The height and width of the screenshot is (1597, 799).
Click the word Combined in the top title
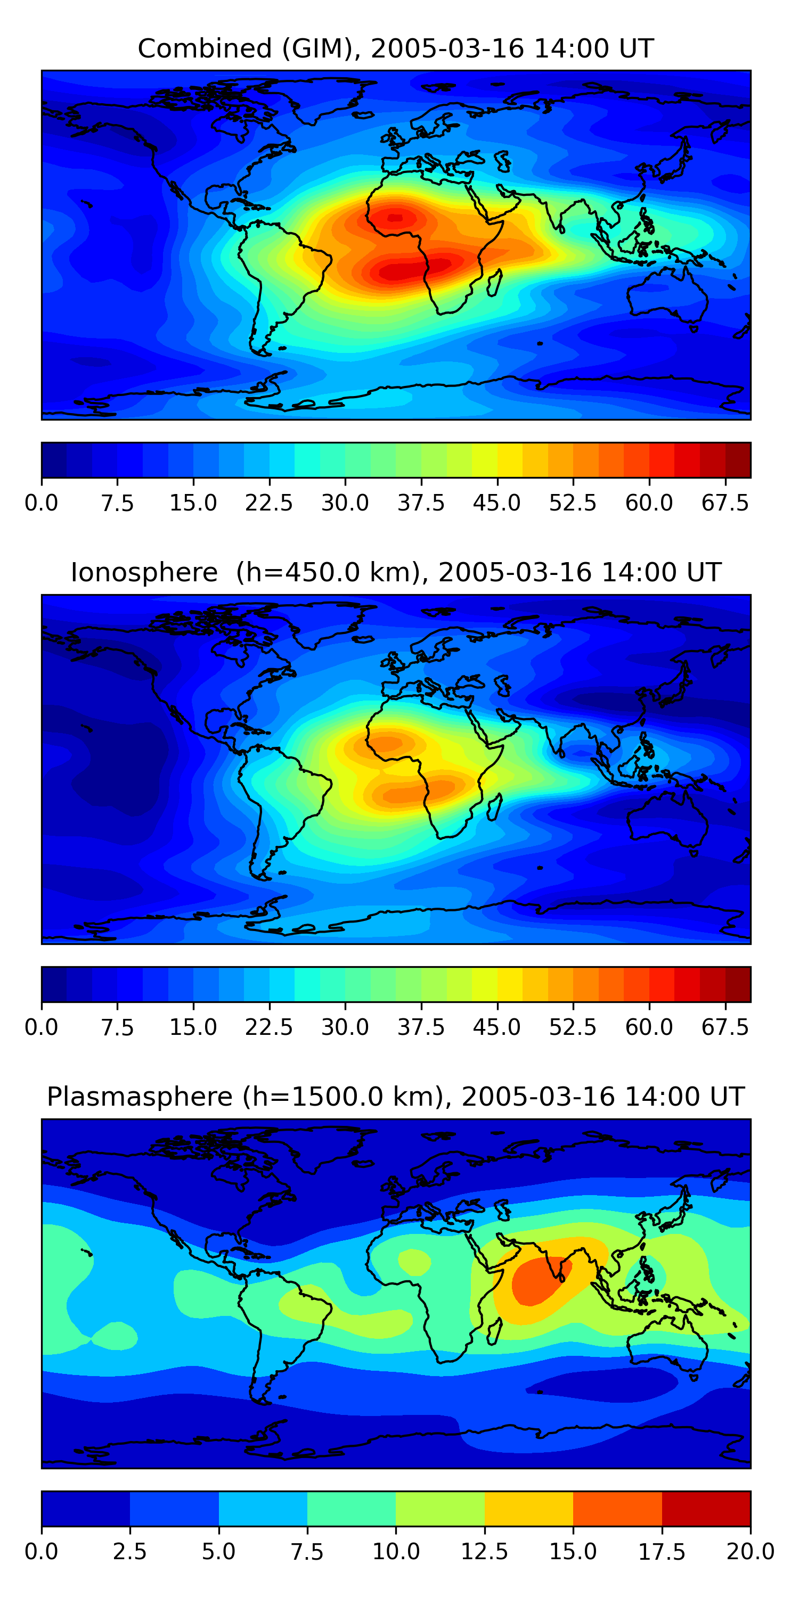tap(204, 48)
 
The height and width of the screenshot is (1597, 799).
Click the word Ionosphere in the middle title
tap(144, 572)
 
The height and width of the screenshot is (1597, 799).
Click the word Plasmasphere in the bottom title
tap(139, 1097)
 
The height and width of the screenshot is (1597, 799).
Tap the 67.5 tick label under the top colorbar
tap(724, 503)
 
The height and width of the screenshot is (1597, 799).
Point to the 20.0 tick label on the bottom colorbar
tap(750, 1552)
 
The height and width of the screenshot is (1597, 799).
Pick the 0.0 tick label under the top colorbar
tap(42, 503)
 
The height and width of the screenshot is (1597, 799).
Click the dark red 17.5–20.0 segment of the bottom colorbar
tap(706, 1508)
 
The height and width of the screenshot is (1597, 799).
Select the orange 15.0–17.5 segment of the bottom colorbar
tap(617, 1508)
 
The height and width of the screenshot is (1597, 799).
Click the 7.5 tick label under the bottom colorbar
tap(307, 1552)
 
